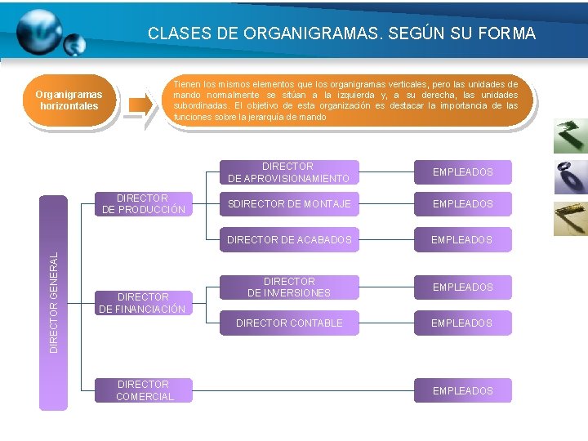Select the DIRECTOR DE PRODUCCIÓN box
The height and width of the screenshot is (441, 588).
(144, 204)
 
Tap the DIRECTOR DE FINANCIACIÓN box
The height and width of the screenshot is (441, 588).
(144, 303)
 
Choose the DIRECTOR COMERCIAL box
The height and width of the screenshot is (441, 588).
(144, 390)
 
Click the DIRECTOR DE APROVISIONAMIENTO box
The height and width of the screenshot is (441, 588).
(288, 172)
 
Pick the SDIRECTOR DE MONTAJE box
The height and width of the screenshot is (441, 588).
(288, 203)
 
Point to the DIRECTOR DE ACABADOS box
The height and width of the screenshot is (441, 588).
(288, 239)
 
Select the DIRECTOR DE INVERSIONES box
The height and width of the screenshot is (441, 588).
(288, 287)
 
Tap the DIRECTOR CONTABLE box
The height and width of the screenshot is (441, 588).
(288, 323)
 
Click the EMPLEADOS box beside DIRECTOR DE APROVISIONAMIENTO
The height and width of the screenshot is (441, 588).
(462, 172)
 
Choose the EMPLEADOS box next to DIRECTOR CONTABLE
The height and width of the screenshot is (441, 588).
(462, 323)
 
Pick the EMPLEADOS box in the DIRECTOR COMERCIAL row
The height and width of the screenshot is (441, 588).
(462, 390)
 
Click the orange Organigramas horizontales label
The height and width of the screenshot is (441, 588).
(69, 100)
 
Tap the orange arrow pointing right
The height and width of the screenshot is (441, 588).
(140, 104)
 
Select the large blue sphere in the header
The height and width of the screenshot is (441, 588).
(38, 30)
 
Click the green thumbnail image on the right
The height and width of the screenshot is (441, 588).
(570, 136)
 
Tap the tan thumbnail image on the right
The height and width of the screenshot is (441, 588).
(570, 218)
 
